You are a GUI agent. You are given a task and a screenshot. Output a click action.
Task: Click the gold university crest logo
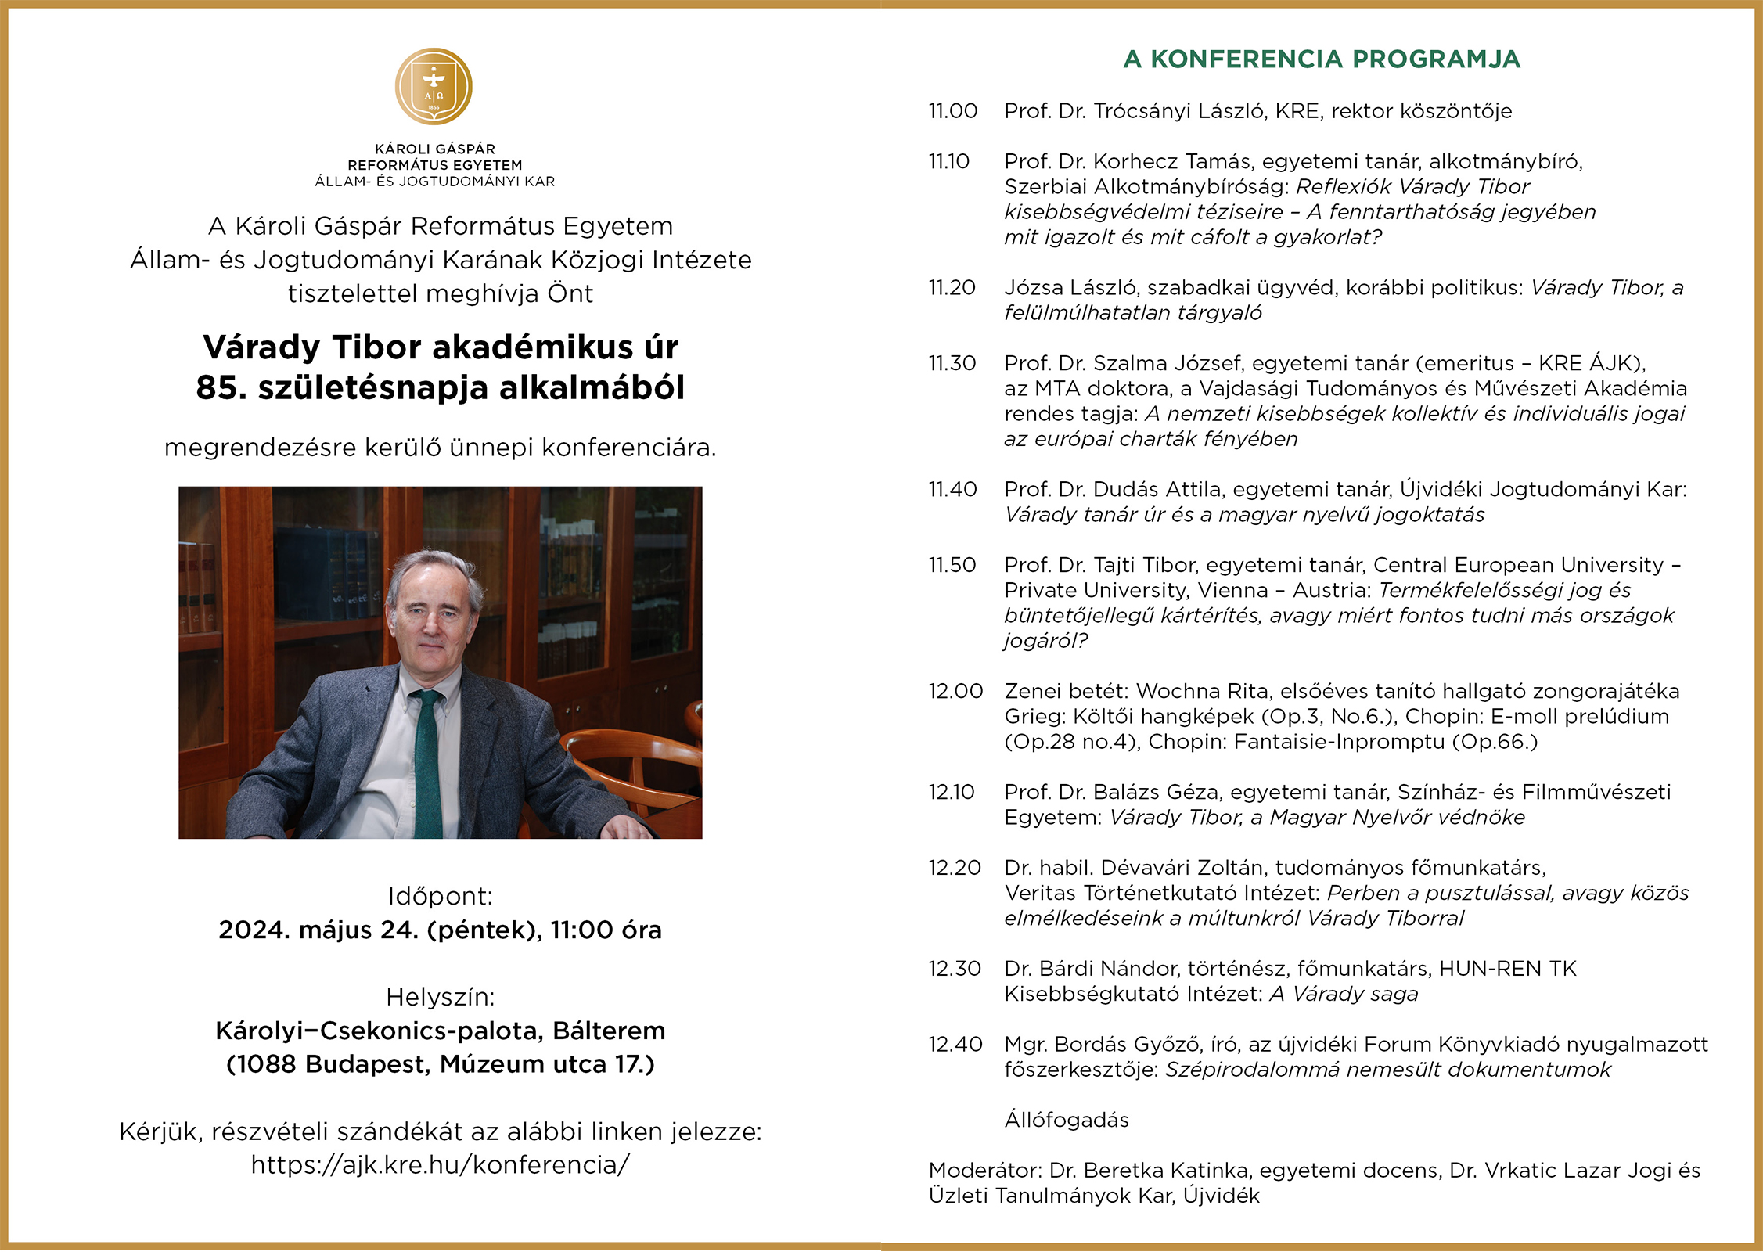point(434,86)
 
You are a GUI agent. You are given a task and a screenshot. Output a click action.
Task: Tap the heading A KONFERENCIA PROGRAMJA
point(1321,59)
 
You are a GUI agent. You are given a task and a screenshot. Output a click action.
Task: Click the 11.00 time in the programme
point(953,111)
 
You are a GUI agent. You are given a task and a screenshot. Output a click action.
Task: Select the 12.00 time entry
point(955,692)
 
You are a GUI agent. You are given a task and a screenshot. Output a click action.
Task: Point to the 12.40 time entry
point(955,1045)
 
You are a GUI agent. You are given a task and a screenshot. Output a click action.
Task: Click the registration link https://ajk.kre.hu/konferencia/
point(440,1165)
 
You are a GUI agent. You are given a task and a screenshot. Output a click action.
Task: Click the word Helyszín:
point(441,997)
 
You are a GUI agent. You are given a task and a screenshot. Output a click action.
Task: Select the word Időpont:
point(441,896)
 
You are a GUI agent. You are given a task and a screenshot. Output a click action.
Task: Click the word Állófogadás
point(1067,1121)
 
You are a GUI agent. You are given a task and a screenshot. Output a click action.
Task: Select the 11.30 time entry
point(952,364)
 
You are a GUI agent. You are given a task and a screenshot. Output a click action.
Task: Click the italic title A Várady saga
point(1344,995)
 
